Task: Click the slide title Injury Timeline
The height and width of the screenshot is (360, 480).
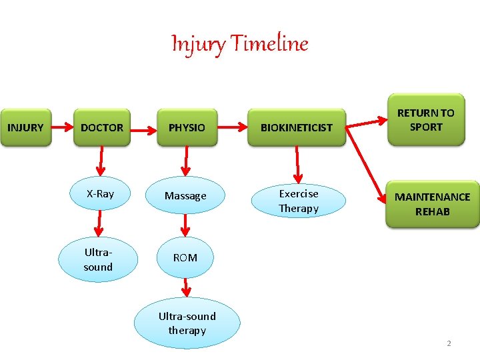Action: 240,44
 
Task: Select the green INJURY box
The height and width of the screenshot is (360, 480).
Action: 25,127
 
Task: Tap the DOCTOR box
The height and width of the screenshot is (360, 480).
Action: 102,127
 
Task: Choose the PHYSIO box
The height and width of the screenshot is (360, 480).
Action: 187,127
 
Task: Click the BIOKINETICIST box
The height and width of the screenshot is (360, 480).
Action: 296,127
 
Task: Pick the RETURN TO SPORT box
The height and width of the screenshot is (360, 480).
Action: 425,120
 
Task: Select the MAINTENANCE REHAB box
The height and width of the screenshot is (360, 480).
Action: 432,204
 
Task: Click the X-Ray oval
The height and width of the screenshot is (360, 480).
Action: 100,194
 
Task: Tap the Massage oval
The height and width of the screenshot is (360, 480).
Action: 185,196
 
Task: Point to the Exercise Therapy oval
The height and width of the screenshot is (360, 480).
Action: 299,201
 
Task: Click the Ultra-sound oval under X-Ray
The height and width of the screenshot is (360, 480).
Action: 98,260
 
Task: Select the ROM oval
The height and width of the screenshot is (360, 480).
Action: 185,257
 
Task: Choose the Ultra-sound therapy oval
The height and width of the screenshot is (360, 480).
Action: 187,323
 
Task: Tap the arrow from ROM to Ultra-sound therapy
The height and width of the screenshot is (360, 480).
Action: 187,287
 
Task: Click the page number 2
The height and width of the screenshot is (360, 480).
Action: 449,343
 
